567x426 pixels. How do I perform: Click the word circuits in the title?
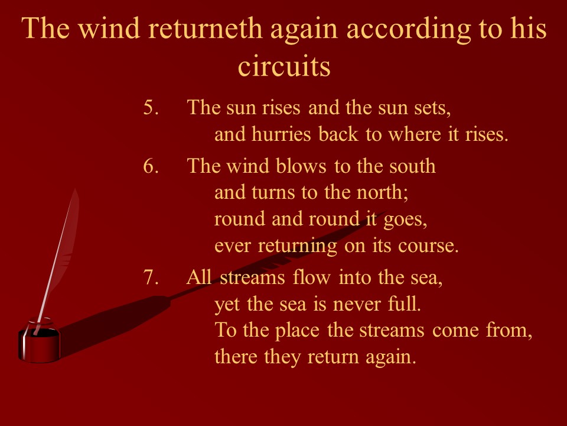click(284, 66)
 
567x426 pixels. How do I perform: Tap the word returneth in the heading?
click(205, 28)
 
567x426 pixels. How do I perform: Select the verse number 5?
click(151, 107)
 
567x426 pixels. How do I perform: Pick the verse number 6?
click(151, 166)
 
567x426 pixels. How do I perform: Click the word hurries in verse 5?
click(281, 134)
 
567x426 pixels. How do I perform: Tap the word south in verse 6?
click(413, 166)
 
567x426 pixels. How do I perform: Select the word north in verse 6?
click(382, 192)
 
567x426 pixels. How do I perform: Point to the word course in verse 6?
click(428, 246)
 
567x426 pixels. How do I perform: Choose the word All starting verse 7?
click(199, 277)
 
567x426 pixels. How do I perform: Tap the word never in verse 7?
click(357, 305)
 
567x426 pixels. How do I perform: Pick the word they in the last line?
click(282, 357)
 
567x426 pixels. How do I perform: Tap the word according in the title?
click(409, 30)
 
